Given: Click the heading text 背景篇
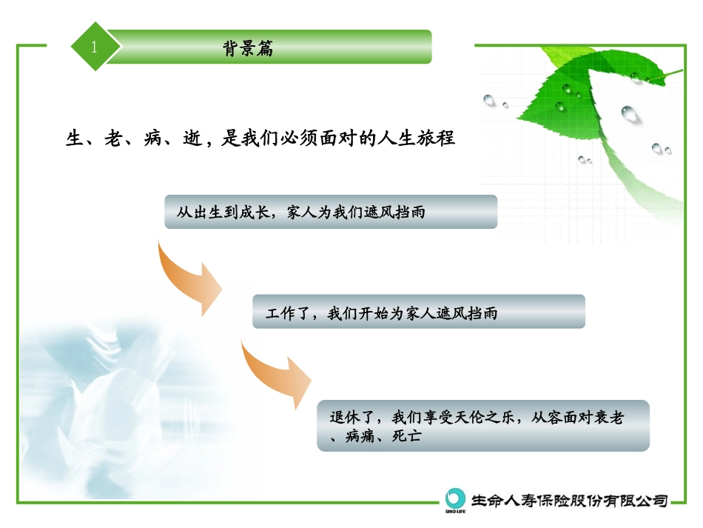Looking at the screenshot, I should pyautogui.click(x=247, y=48).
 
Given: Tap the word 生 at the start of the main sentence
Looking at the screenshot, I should pyautogui.click(x=73, y=138).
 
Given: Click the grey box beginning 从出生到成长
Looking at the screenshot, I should pyautogui.click(x=331, y=212).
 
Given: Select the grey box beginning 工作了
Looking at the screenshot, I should pyautogui.click(x=418, y=312).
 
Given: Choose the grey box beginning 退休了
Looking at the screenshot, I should pyautogui.click(x=482, y=426).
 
